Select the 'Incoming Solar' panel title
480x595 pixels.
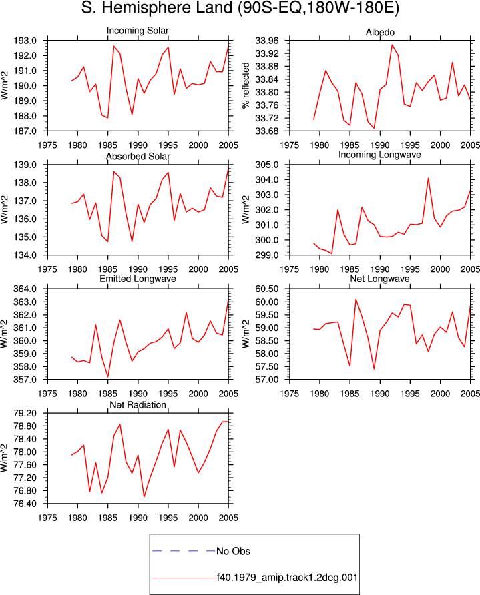tap(138, 31)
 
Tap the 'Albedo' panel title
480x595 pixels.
tap(380, 32)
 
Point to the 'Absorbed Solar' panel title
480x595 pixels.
tap(138, 156)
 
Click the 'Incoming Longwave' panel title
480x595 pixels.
tap(380, 155)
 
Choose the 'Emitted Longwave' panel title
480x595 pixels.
tap(138, 279)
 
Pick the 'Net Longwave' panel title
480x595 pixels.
tap(380, 279)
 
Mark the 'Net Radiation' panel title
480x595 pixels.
tap(138, 405)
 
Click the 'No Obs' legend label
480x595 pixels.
tap(233, 551)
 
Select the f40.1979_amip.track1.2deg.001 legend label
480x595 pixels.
tap(287, 578)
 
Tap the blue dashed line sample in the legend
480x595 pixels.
tap(184, 550)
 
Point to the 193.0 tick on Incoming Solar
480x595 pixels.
tap(25, 41)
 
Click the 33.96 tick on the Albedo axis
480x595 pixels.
tap(266, 41)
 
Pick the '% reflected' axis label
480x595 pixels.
tap(246, 85)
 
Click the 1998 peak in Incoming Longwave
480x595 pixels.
tap(429, 178)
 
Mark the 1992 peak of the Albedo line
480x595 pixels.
tap(392, 45)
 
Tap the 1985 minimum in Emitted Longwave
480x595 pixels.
tap(108, 377)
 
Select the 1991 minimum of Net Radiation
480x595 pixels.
tap(144, 497)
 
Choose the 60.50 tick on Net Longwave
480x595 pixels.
tap(266, 289)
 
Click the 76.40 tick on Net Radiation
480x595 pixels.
tap(25, 504)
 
